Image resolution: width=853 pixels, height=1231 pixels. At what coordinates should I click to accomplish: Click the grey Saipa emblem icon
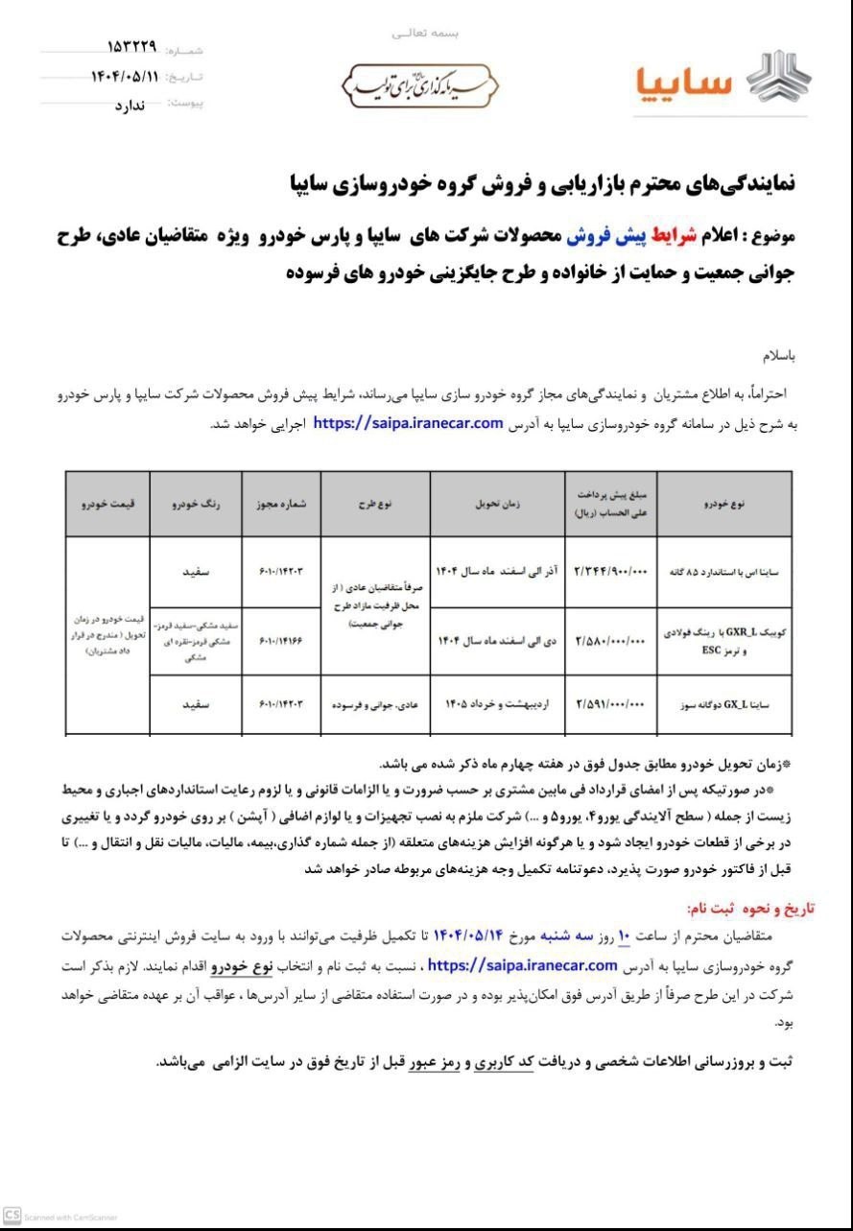point(778,77)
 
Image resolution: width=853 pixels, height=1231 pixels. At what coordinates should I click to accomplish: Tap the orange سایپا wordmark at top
point(684,83)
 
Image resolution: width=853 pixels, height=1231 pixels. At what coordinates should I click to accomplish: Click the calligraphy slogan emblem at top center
point(419,86)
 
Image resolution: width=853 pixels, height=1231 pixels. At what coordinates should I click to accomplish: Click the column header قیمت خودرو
point(107,502)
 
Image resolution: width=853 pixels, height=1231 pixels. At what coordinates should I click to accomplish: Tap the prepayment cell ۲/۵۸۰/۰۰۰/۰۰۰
point(612,640)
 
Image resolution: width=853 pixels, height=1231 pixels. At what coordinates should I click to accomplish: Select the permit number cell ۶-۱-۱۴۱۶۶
point(280,640)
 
